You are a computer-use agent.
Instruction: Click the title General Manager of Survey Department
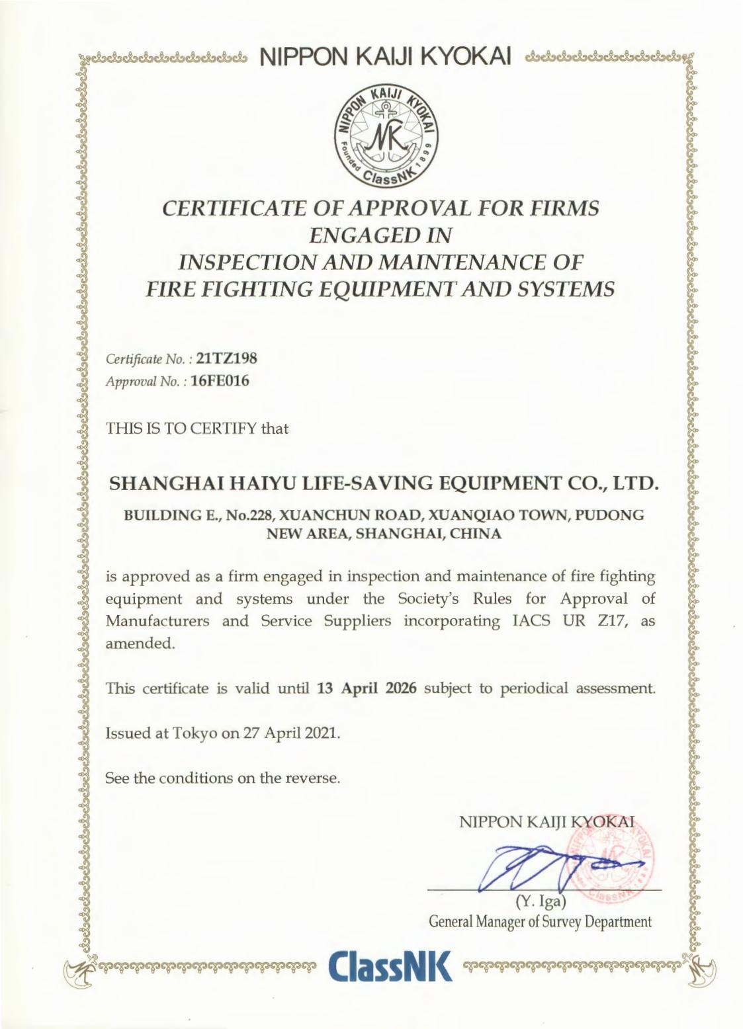(541, 921)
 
